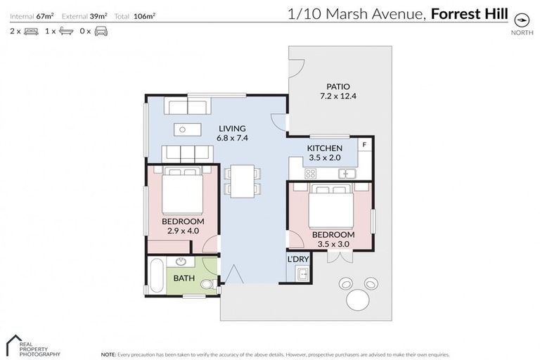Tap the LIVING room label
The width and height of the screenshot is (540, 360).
(232, 129)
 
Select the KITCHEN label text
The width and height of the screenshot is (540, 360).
(325, 148)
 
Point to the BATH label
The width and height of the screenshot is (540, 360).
(184, 278)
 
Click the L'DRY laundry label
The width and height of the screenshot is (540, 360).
(297, 259)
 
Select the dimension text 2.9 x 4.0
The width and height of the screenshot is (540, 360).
(183, 231)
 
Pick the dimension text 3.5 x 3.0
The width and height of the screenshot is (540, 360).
(333, 244)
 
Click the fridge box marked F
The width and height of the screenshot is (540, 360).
(364, 146)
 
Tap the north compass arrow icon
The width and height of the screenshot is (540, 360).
(522, 19)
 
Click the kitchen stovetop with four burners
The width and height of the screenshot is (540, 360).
(311, 174)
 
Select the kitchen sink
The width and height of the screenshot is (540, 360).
(347, 174)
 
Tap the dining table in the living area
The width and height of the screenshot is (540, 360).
(243, 181)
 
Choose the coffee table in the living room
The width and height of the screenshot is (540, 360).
(187, 129)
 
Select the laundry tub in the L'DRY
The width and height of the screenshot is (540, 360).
(302, 274)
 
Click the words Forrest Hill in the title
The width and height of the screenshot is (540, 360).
(469, 14)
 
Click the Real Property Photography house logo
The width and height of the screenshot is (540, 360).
(15, 345)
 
